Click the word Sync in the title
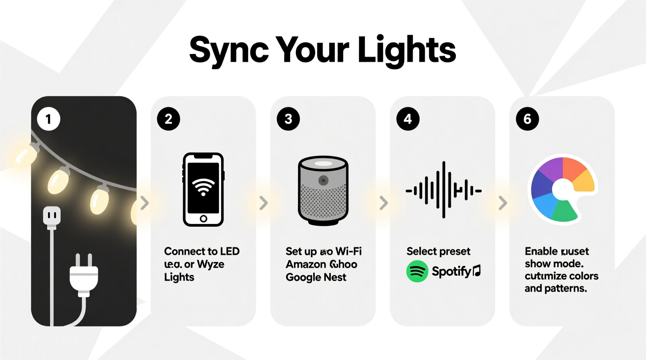pos(229,50)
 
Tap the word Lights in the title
pos(406,50)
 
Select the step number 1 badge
pos(49,119)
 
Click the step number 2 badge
pos(168,119)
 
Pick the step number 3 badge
pos(288,119)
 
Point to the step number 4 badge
pos(408,119)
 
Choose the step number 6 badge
pos(527,119)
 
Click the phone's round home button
pos(203,219)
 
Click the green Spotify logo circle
pos(417,271)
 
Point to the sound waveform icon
pos(443,190)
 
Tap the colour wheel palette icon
pos(562,189)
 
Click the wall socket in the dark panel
pos(52,216)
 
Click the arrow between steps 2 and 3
pos(264,202)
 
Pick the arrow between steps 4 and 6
pos(503,202)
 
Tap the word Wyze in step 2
pos(210,264)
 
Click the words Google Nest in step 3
pos(316,277)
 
